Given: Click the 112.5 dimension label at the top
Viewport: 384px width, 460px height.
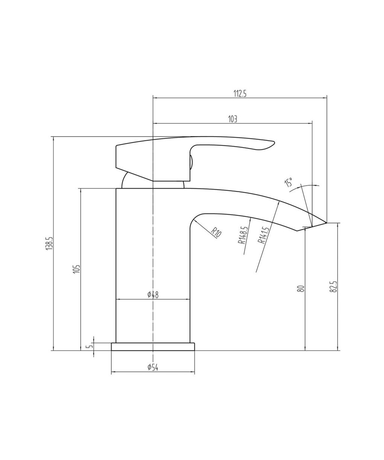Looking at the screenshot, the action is point(240,94).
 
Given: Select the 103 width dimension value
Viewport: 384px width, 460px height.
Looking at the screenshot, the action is point(233,119).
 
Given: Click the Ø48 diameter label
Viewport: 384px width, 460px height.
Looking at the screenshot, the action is point(153,295).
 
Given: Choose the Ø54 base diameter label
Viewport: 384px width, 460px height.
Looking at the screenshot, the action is point(153,367).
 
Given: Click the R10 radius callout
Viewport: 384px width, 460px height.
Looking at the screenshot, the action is point(216,232).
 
